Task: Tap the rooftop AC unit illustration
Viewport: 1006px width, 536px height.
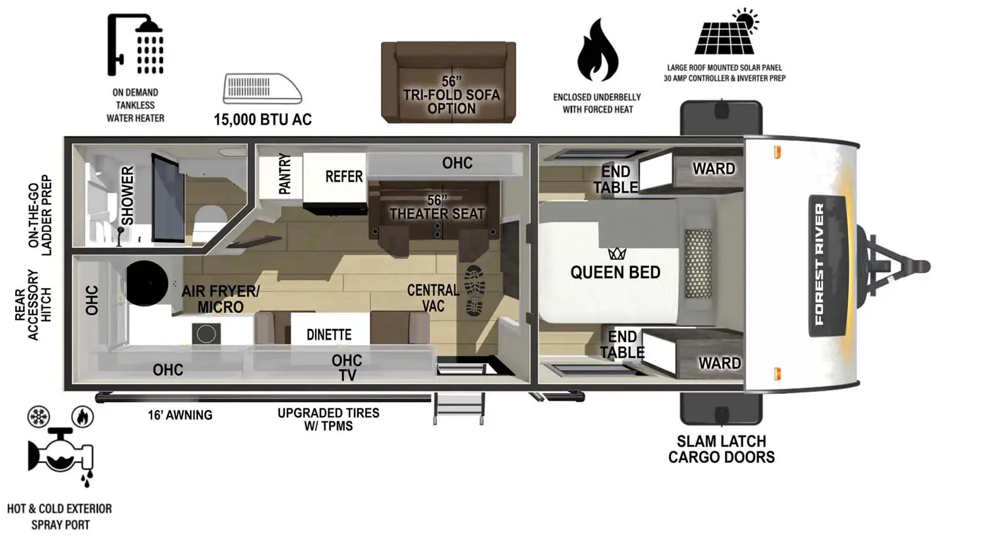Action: [x=262, y=88]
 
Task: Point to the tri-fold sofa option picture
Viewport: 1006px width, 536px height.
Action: [x=448, y=82]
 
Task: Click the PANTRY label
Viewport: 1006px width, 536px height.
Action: [x=284, y=174]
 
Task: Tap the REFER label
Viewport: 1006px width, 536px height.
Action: [x=343, y=177]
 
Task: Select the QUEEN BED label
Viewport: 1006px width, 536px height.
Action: [x=615, y=272]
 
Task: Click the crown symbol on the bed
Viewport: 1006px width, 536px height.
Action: [x=617, y=254]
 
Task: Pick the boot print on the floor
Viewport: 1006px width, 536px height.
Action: [x=474, y=291]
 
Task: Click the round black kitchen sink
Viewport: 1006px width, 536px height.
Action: [x=147, y=283]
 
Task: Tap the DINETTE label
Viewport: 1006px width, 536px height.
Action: [x=329, y=335]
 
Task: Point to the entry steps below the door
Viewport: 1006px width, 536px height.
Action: [x=459, y=408]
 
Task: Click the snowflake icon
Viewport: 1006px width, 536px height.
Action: [x=38, y=416]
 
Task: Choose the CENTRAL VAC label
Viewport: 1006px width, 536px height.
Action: [x=433, y=298]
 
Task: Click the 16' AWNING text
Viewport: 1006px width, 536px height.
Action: [x=180, y=415]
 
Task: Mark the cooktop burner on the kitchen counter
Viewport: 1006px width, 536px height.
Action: [x=206, y=334]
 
